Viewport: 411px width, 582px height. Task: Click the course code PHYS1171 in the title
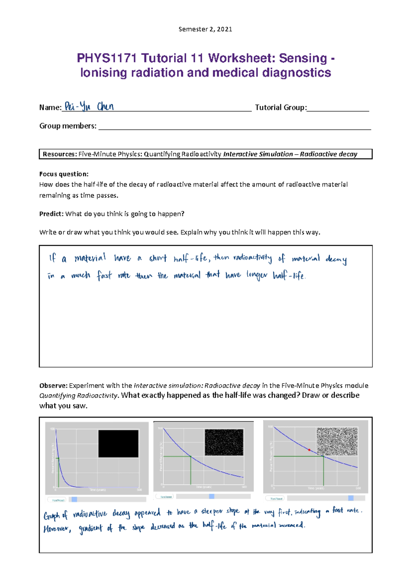tap(106, 58)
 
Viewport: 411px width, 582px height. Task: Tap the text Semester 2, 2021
tap(205, 29)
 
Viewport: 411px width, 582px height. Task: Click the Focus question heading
tap(64, 174)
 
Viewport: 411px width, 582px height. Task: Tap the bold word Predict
tap(51, 214)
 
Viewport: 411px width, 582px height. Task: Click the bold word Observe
tap(53, 386)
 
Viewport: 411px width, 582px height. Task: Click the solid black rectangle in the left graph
tap(118, 444)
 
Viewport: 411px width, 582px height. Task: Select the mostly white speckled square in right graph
tap(337, 441)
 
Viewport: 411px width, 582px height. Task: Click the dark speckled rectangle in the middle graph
tap(224, 442)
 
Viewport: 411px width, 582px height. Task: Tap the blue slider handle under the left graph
tap(74, 500)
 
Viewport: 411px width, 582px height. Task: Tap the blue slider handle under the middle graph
tap(212, 496)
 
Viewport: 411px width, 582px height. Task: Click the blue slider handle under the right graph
tap(351, 498)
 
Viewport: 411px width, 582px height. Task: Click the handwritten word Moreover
tap(57, 529)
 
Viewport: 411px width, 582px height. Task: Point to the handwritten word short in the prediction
tap(158, 258)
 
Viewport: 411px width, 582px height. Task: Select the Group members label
tap(68, 126)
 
